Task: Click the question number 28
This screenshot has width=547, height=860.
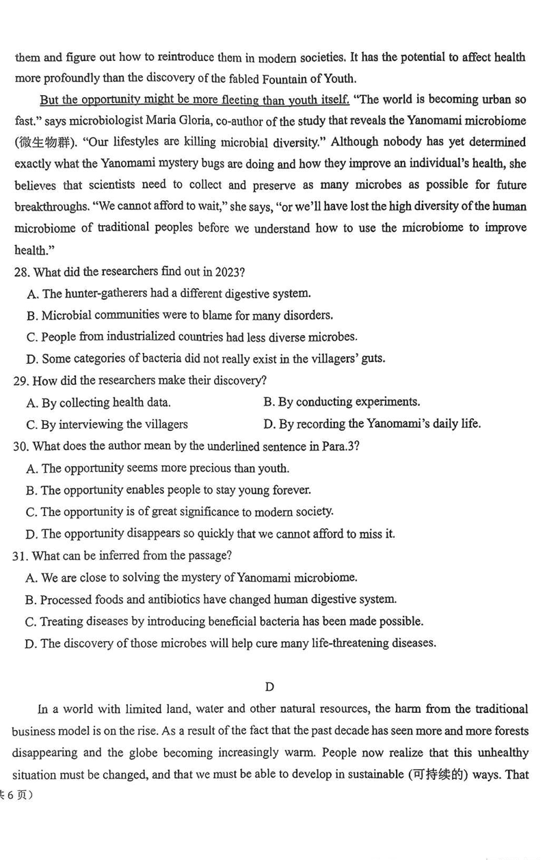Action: pyautogui.click(x=21, y=272)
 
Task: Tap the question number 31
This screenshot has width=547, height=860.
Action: pyautogui.click(x=20, y=556)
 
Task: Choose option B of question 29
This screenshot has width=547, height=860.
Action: pyautogui.click(x=341, y=402)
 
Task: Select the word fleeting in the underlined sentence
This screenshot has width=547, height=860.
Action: pyautogui.click(x=228, y=100)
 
